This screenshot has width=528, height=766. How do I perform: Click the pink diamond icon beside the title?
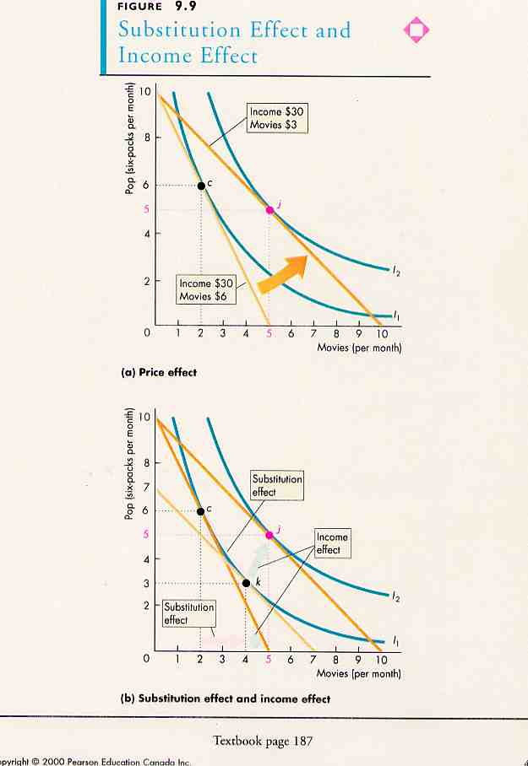pyautogui.click(x=416, y=30)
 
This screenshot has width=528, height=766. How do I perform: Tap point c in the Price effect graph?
pyautogui.click(x=201, y=186)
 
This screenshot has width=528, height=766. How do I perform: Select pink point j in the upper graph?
pyautogui.click(x=269, y=210)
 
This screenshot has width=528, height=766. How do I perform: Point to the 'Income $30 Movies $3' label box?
pyautogui.click(x=277, y=119)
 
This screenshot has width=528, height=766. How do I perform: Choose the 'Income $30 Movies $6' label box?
pyautogui.click(x=205, y=289)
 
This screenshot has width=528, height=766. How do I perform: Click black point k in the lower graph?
pyautogui.click(x=246, y=583)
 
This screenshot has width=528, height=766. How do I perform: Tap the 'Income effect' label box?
pyautogui.click(x=331, y=543)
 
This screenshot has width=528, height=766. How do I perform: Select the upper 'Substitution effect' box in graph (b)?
pyautogui.click(x=276, y=485)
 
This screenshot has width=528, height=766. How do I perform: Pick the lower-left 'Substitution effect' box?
pyautogui.click(x=188, y=613)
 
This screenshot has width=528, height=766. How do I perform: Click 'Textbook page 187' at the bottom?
pyautogui.click(x=263, y=742)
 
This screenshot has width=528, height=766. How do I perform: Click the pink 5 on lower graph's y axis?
pyautogui.click(x=145, y=534)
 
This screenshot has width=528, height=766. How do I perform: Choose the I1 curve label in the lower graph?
pyautogui.click(x=395, y=639)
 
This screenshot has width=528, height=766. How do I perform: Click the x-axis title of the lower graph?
pyautogui.click(x=358, y=673)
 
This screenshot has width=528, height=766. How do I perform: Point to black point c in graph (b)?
pyautogui.click(x=200, y=511)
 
